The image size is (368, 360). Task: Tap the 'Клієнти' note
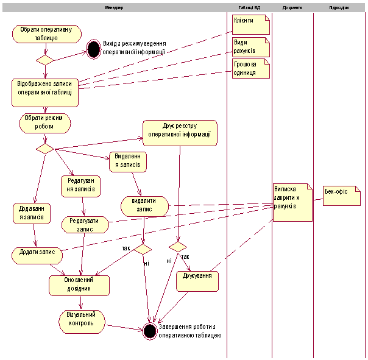250,25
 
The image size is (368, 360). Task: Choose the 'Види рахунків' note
250,47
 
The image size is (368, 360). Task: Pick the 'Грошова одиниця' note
250,68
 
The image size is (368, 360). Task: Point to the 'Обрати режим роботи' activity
45,123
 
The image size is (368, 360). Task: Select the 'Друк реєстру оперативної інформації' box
180,132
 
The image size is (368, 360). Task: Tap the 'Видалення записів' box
128,161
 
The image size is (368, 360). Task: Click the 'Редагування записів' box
80,186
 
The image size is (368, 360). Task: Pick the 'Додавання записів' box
31,214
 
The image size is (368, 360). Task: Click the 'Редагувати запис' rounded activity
85,225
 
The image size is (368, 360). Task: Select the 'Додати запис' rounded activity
38,252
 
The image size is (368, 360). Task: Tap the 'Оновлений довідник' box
79,284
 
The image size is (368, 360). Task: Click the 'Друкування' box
197,281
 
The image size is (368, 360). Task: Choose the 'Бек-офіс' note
341,196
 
